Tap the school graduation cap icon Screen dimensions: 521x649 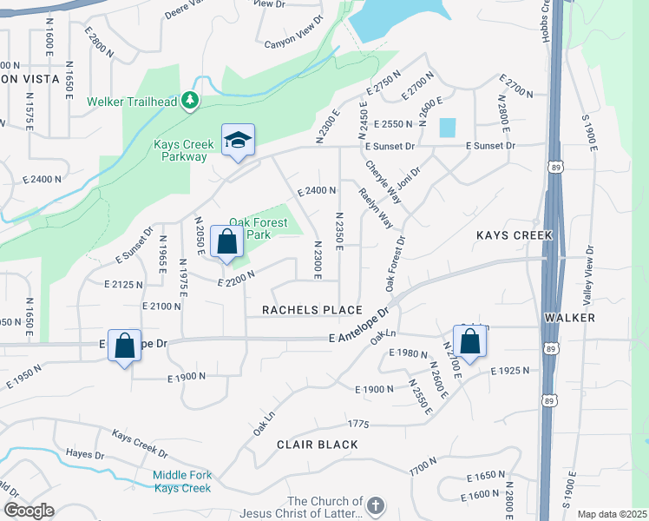coord(237,142)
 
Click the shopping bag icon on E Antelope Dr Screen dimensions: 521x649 coord(125,346)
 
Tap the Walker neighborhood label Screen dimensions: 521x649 coord(569,318)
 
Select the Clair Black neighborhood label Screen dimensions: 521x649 coord(318,445)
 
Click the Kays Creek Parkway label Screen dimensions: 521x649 coord(180,151)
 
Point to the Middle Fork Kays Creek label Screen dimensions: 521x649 coord(182,481)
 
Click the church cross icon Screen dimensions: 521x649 coord(375,505)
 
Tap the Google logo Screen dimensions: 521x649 coord(28,511)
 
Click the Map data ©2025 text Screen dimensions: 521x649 coord(612,514)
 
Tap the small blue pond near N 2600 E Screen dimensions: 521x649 coord(447,127)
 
